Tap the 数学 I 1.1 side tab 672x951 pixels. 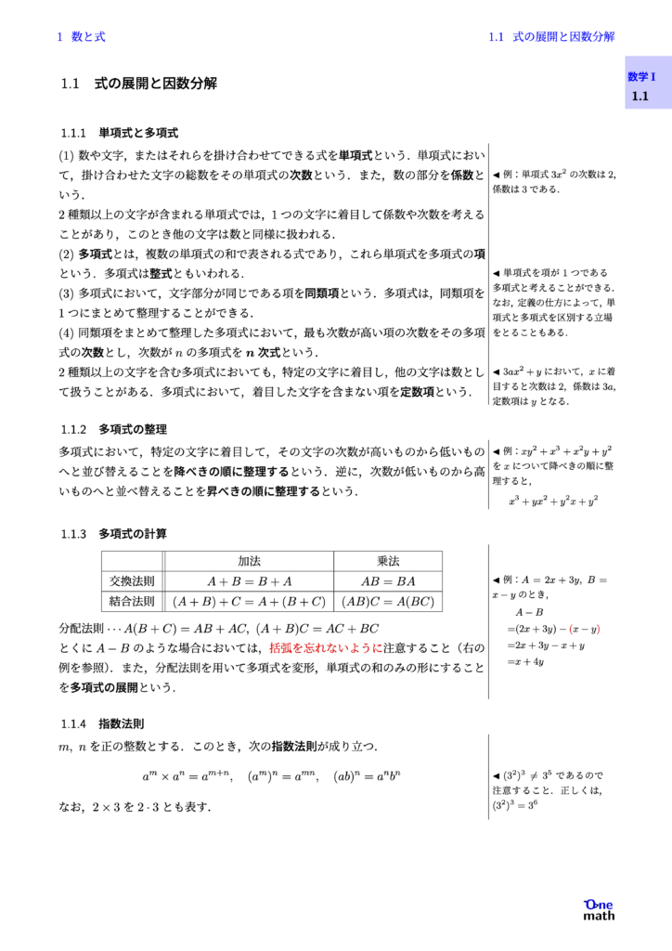pyautogui.click(x=642, y=86)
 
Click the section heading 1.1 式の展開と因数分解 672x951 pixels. pyautogui.click(x=139, y=84)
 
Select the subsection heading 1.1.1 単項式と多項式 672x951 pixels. pyautogui.click(x=119, y=133)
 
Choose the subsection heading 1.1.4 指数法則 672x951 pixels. pyautogui.click(x=101, y=723)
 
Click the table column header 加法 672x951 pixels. pyautogui.click(x=249, y=561)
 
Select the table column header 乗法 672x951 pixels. pyautogui.click(x=387, y=561)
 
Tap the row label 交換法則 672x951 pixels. pyautogui.click(x=132, y=581)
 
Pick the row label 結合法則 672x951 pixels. pyautogui.click(x=132, y=601)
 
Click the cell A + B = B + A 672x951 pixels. pyautogui.click(x=249, y=581)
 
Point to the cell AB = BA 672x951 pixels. pyautogui.click(x=387, y=581)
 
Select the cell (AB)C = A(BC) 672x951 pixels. pyautogui.click(x=387, y=601)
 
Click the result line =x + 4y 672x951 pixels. pyautogui.click(x=525, y=661)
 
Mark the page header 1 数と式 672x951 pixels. pyautogui.click(x=81, y=37)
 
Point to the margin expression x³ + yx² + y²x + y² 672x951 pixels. pyautogui.click(x=553, y=500)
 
